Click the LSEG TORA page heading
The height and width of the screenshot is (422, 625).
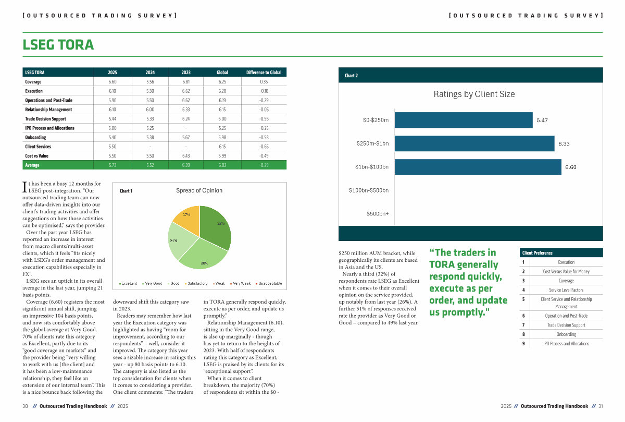click(58, 45)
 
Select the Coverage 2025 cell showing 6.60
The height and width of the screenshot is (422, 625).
click(113, 82)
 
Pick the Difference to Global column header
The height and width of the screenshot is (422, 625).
click(264, 73)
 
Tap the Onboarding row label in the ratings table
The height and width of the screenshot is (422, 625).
click(35, 137)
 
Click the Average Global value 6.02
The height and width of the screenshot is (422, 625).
click(222, 165)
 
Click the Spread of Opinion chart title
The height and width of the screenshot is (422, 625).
click(199, 190)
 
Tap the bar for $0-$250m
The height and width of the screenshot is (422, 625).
click(464, 120)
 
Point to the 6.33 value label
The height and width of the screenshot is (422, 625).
click(564, 143)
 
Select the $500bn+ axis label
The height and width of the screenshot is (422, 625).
click(377, 213)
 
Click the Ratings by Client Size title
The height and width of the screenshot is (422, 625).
click(474, 94)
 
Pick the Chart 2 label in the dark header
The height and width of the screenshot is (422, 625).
click(352, 76)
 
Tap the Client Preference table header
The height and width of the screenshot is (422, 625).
click(537, 253)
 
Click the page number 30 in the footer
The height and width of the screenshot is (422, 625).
click(25, 406)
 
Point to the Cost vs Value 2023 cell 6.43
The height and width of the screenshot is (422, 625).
click(186, 156)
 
